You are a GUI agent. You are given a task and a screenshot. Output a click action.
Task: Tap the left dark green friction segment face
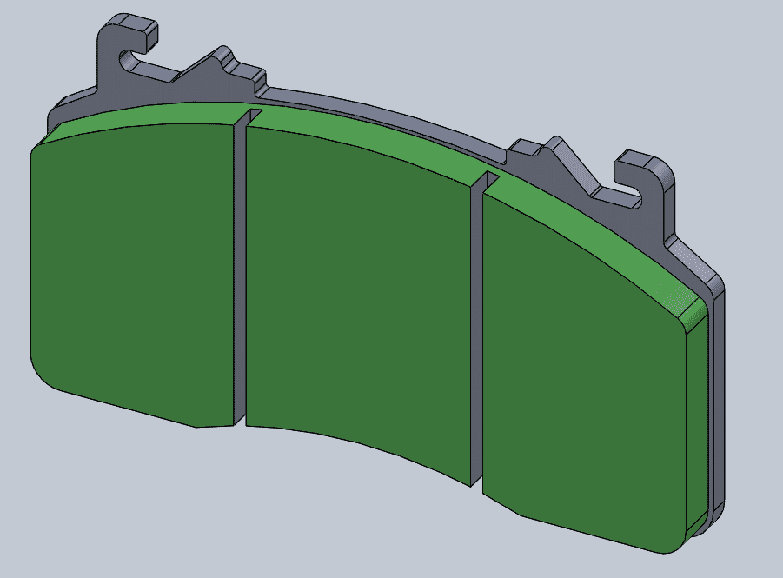(x=130, y=269)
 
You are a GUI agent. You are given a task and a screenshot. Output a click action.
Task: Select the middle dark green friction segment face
(x=356, y=296)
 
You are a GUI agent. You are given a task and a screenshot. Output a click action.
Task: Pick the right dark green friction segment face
(x=582, y=374)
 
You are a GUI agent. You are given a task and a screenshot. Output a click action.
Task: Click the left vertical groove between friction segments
(x=241, y=278)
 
